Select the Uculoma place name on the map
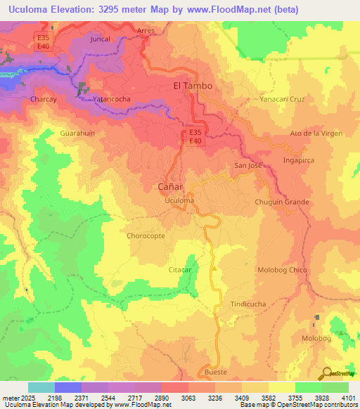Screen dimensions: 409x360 [x=178, y=201]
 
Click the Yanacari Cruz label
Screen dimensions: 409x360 [x=282, y=99]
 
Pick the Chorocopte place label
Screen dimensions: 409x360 [x=146, y=235]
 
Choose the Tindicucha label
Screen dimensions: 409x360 [x=248, y=304]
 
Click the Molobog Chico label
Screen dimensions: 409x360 [x=283, y=270]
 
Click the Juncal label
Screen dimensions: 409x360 [x=101, y=39]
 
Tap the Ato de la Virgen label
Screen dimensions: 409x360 [x=316, y=133]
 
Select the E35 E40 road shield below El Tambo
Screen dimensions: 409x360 [x=196, y=136]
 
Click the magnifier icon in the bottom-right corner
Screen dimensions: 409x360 [x=326, y=373]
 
